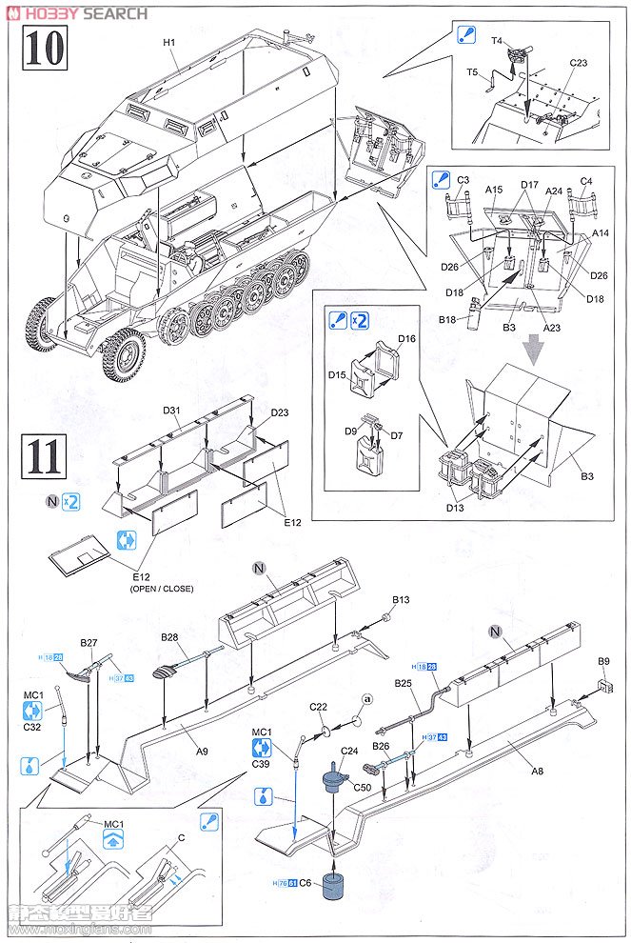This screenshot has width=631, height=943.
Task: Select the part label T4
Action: [x=497, y=40]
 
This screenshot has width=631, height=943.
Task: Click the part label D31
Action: [x=171, y=411]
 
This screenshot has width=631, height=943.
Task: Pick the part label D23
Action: [x=279, y=412]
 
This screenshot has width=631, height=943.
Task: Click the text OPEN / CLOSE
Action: [x=161, y=589]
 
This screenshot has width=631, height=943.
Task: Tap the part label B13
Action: [x=401, y=600]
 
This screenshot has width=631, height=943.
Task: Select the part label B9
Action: [x=602, y=661]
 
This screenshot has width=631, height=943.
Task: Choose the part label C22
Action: [x=318, y=707]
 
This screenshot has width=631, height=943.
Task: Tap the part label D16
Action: [x=407, y=338]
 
